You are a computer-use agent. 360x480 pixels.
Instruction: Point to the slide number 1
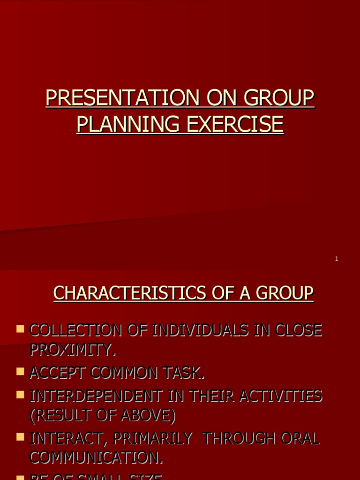pyautogui.click(x=337, y=259)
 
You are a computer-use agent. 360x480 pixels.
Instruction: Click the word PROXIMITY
pyautogui.click(x=73, y=349)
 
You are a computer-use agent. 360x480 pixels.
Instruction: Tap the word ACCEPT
pyautogui.click(x=58, y=373)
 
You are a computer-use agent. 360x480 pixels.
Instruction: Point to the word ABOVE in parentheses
pyautogui.click(x=148, y=415)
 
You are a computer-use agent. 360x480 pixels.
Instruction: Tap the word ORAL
pyautogui.click(x=300, y=439)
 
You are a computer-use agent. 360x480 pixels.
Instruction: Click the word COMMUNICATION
pyautogui.click(x=96, y=457)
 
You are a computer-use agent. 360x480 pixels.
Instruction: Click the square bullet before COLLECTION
pyautogui.click(x=20, y=329)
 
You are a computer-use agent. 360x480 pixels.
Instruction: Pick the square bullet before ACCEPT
pyautogui.click(x=20, y=372)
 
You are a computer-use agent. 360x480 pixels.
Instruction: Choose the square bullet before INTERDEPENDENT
pyautogui.click(x=20, y=395)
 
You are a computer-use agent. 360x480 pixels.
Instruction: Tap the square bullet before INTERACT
pyautogui.click(x=20, y=437)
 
